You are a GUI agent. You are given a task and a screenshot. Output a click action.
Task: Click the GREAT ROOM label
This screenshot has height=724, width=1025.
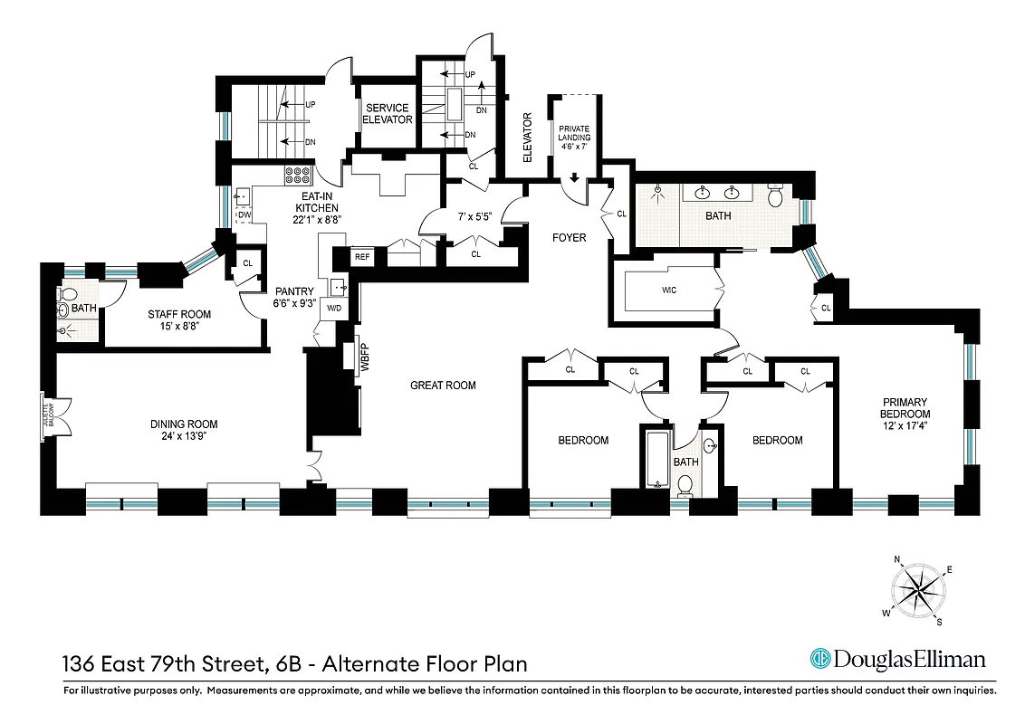coord(443,386)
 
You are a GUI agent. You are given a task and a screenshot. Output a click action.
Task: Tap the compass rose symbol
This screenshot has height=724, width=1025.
coord(917,590)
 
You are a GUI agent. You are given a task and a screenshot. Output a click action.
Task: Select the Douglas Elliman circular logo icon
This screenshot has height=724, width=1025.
coord(820,659)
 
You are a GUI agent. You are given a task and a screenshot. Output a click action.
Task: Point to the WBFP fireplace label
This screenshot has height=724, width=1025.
coord(349,357)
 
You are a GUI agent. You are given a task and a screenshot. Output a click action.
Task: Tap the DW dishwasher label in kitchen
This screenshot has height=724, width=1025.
coord(244,215)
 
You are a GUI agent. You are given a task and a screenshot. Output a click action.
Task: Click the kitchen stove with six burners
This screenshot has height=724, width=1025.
coord(298,175)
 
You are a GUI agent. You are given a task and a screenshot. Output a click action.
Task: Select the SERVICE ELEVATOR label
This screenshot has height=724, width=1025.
coord(388,114)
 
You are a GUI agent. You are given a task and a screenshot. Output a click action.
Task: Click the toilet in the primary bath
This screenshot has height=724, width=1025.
coord(775,195)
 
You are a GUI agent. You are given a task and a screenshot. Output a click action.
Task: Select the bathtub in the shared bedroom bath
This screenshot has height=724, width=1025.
coord(656,460)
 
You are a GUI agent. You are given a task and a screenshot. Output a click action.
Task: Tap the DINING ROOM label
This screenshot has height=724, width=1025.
coord(184,424)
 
